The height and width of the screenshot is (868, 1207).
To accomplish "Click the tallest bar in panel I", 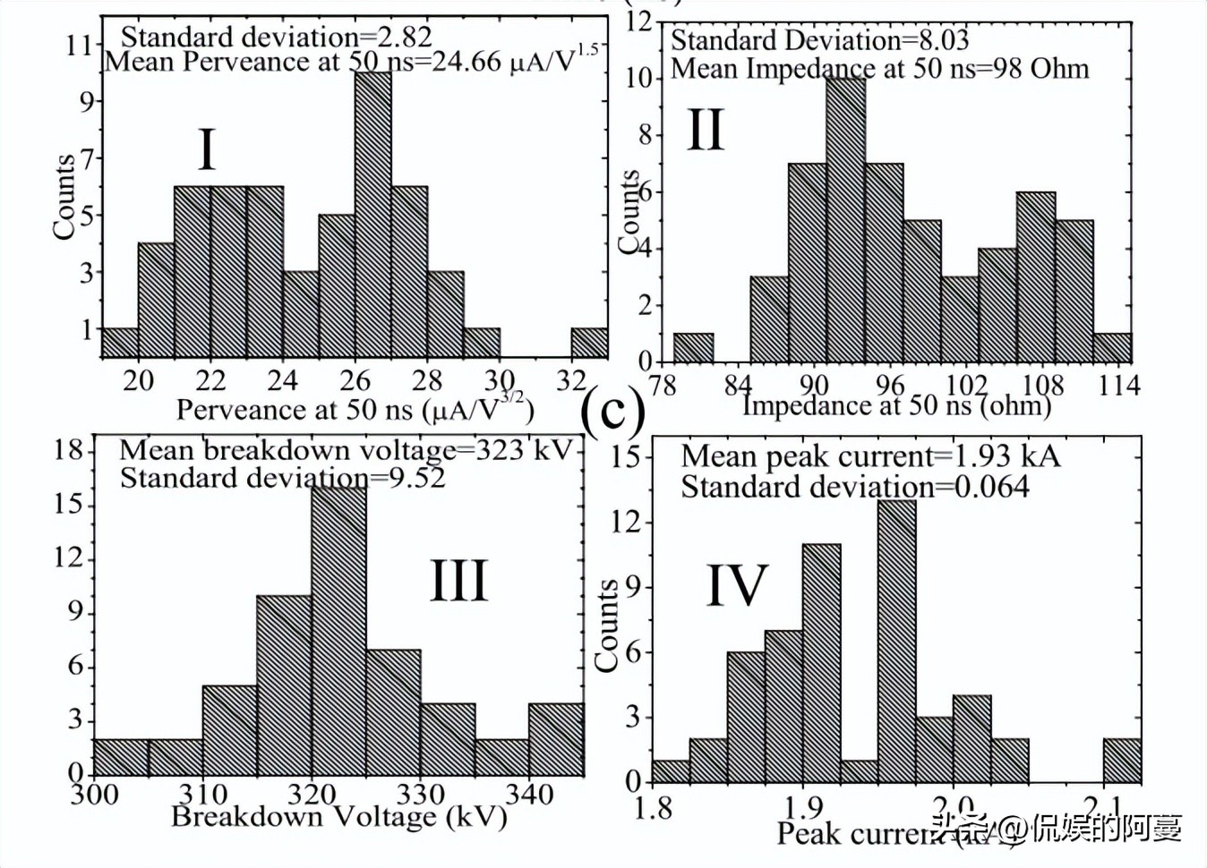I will coord(372,215).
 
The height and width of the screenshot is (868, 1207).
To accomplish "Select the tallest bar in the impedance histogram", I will coord(845,220).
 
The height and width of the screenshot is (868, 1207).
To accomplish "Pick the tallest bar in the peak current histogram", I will coord(896,641).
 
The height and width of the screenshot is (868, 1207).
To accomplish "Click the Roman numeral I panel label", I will coord(206,149).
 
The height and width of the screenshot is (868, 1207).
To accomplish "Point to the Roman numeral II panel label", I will coord(705,130).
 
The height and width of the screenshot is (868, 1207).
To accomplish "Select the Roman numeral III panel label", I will coord(459,581).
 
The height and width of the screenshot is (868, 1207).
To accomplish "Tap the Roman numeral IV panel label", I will coord(737,586).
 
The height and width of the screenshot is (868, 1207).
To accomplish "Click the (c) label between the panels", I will coord(613,410).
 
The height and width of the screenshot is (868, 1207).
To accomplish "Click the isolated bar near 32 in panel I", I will coord(589,343).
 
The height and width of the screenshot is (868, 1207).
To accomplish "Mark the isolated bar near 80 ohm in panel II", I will coord(693,347).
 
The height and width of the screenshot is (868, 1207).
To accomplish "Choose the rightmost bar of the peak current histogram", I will coord(1121,761).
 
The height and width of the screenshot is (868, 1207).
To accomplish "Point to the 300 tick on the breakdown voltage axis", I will coord(94,794).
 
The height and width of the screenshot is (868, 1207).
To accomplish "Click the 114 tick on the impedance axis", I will coord(1119,386).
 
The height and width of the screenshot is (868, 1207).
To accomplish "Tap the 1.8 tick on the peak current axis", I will coord(653,808).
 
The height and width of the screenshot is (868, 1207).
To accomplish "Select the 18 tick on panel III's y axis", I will coord(69,449).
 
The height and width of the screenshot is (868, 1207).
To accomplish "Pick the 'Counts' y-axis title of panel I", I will coord(64,197).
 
